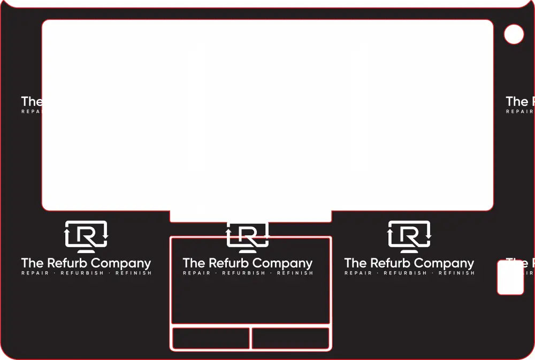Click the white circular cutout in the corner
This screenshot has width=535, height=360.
point(514,34)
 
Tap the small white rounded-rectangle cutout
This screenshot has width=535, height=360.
point(510,278)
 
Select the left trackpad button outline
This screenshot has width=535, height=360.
point(211,339)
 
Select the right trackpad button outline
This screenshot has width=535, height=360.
point(291,339)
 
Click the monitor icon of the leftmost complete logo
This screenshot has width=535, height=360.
point(86,236)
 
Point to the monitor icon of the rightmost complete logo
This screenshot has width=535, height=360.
point(409,236)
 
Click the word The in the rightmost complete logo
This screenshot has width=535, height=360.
point(355,263)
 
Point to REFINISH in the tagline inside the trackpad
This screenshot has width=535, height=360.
point(295,273)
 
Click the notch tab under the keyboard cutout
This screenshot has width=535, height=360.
point(250,216)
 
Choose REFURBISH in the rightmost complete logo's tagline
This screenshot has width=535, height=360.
point(406,273)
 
